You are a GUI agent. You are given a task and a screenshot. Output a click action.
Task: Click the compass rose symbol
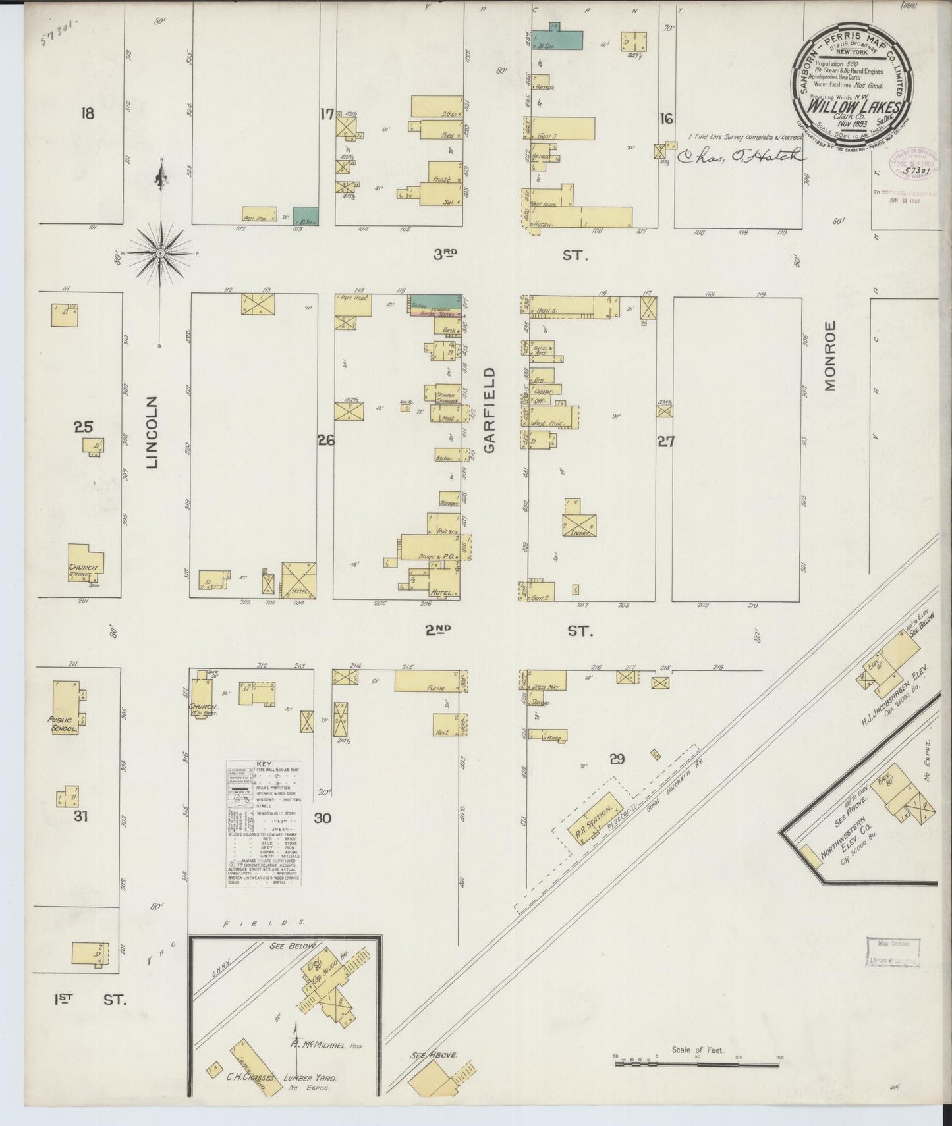pos(160,252)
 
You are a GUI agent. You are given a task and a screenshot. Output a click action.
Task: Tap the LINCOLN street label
pos(152,432)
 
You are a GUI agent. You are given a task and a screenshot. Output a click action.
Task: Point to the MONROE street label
pos(829,356)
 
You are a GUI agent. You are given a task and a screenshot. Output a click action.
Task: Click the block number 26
pos(326,440)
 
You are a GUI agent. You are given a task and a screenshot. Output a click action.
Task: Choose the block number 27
pos(665,441)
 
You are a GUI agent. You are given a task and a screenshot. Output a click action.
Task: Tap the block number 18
pos(87,114)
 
